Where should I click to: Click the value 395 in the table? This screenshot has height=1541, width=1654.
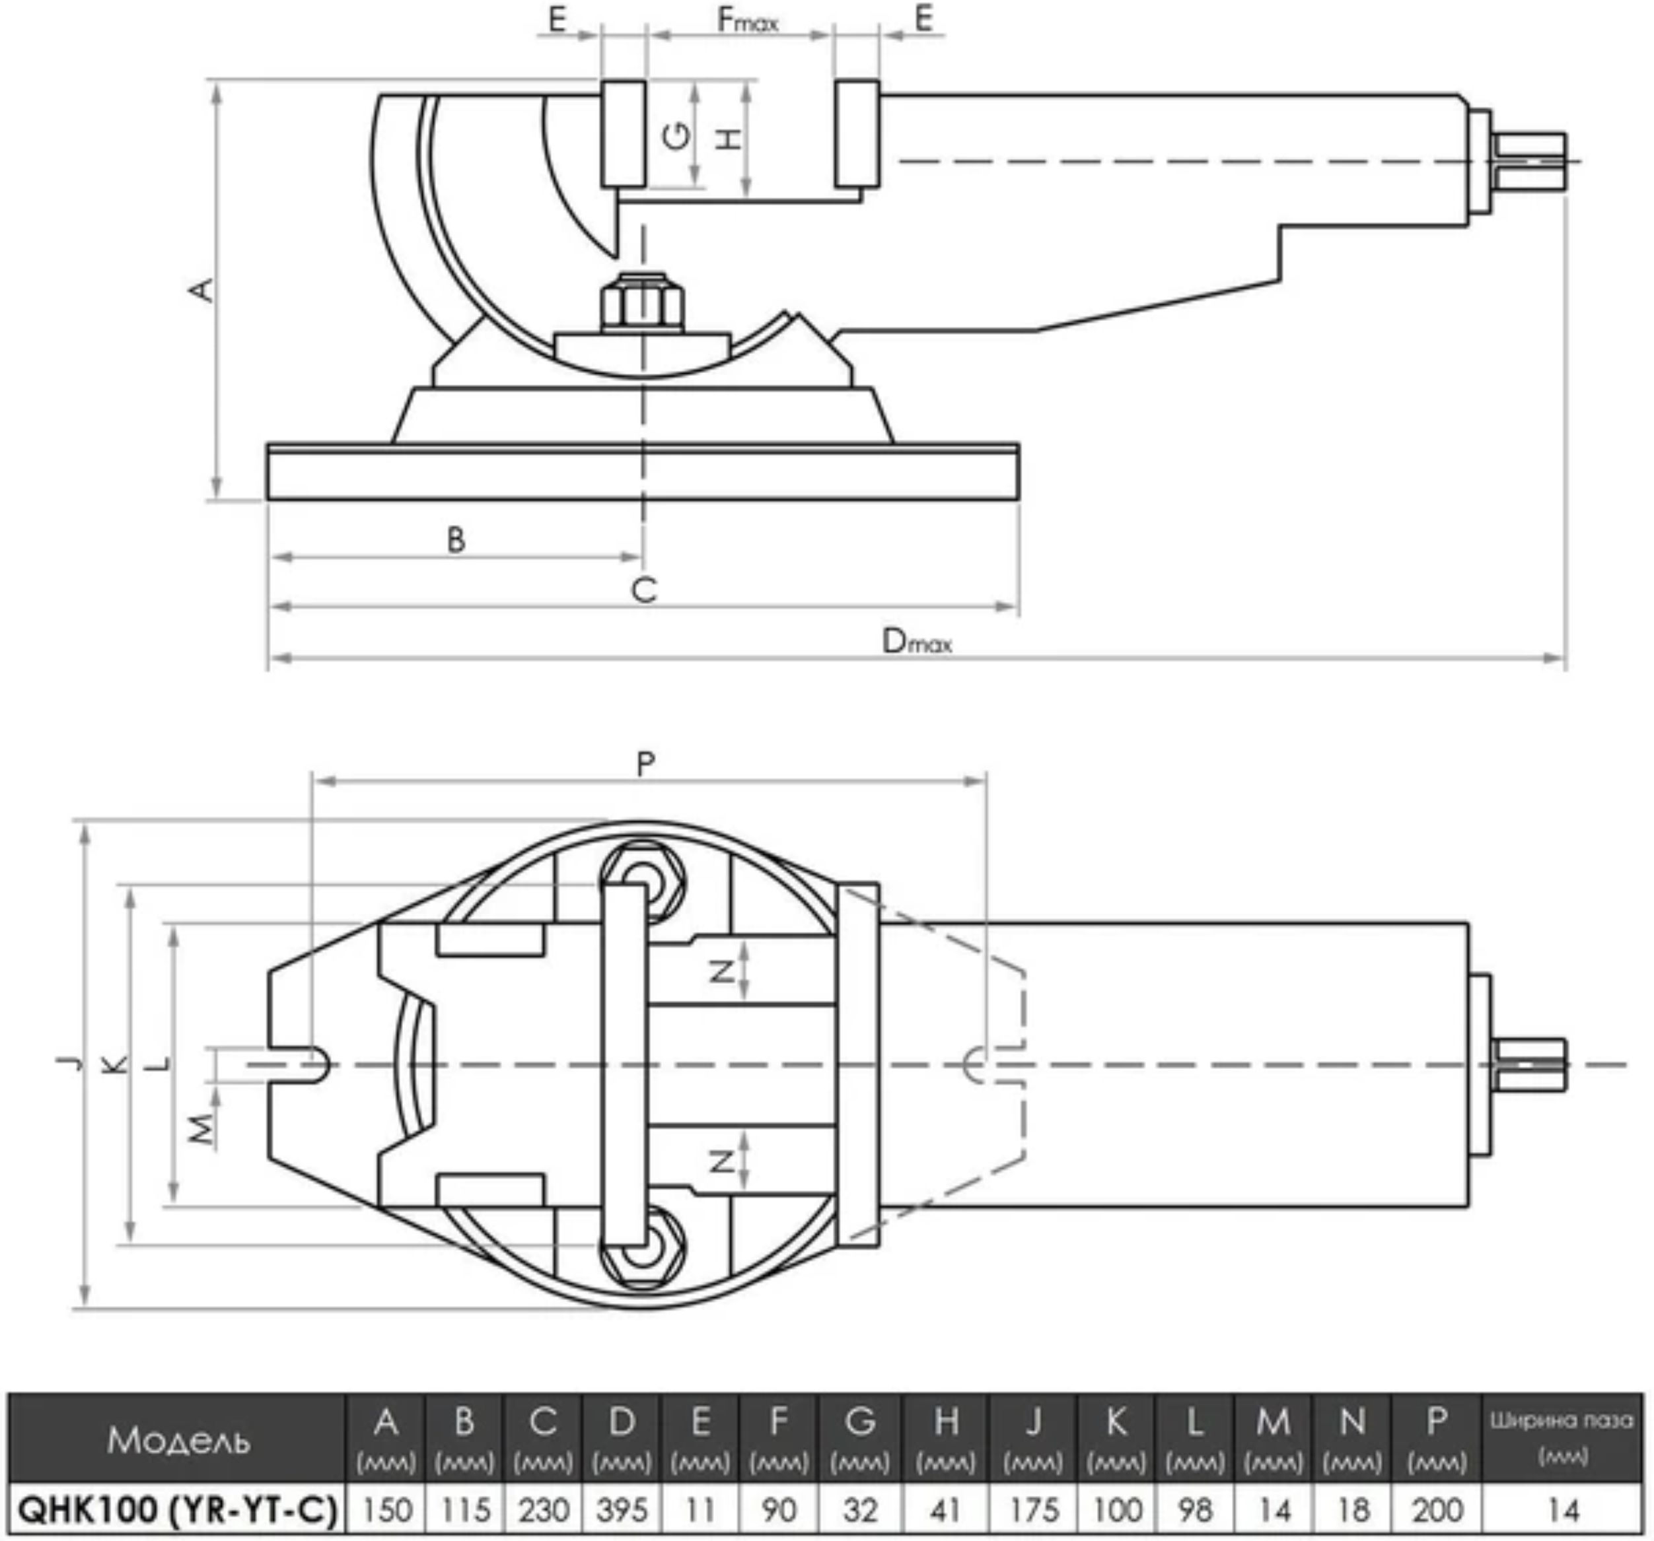(x=622, y=1509)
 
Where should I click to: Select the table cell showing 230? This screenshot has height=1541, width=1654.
(x=543, y=1509)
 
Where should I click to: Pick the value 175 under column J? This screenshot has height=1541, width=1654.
(x=1032, y=1509)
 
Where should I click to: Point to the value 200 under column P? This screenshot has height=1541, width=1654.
(x=1437, y=1509)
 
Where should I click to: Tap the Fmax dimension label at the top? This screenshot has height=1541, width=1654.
(x=747, y=20)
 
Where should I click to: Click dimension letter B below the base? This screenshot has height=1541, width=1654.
(x=456, y=539)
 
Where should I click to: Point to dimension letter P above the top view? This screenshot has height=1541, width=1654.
(x=645, y=763)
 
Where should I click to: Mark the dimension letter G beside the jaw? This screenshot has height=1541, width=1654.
(x=678, y=135)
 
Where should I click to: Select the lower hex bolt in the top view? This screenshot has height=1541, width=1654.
(x=642, y=1250)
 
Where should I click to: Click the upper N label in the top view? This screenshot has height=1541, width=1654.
(x=722, y=971)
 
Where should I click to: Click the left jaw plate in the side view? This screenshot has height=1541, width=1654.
(x=623, y=133)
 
